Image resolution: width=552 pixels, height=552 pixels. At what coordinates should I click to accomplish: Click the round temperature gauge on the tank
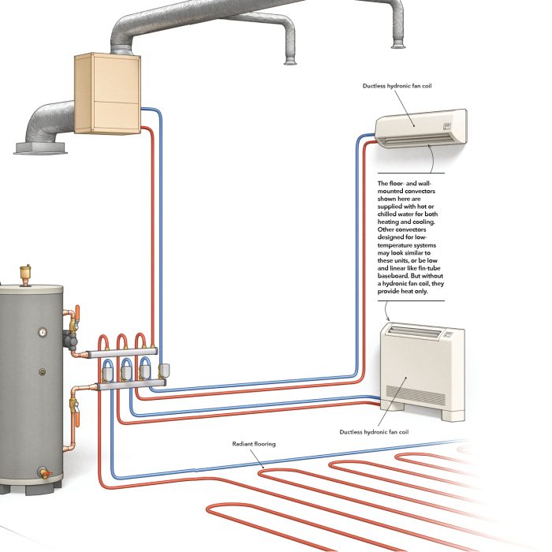tap(43, 332)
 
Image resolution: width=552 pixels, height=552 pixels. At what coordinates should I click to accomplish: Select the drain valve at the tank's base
tap(45, 473)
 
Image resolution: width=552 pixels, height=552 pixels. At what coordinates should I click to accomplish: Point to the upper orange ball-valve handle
tap(77, 312)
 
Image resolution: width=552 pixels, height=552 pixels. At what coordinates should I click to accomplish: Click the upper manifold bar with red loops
tap(123, 352)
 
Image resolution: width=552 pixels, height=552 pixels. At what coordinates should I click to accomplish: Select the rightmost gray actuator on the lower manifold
tap(164, 369)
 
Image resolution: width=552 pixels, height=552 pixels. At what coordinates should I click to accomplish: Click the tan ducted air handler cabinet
tap(107, 94)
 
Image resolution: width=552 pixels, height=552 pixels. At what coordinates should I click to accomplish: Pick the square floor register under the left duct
tap(40, 148)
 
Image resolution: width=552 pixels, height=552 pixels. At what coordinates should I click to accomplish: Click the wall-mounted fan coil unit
tap(421, 128)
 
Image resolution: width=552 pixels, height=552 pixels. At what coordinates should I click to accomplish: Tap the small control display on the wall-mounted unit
tap(447, 126)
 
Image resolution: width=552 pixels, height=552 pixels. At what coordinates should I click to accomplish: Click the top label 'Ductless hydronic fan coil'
tap(397, 86)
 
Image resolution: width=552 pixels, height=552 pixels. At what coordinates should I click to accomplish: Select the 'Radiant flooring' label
tap(254, 444)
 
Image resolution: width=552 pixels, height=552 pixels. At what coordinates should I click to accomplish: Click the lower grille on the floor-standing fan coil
tap(416, 395)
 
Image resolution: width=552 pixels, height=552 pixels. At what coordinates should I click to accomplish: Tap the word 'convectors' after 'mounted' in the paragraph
tap(420, 191)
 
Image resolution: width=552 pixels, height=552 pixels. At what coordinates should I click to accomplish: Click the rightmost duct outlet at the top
tap(398, 44)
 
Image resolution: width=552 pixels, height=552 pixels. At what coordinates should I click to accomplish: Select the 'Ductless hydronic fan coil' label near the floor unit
tap(374, 432)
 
